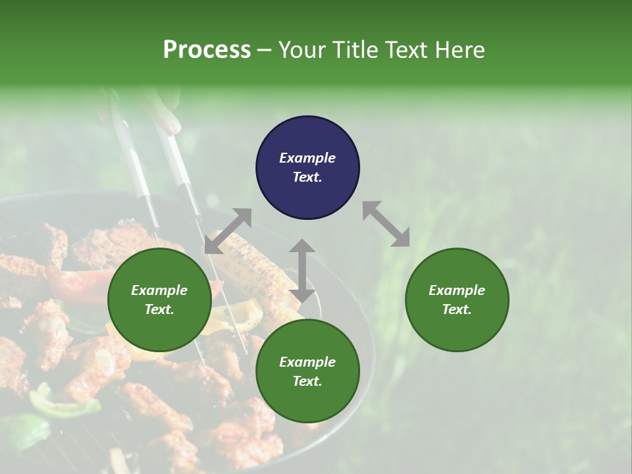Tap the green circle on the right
point(457,300)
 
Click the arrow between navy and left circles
point(228,231)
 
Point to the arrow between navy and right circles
point(386,224)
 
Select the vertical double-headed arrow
point(302,271)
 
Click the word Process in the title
point(207,49)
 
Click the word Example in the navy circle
point(307,158)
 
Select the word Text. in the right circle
point(457,309)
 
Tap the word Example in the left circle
point(159,290)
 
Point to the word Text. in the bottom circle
point(307,381)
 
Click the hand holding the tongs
point(161,109)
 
